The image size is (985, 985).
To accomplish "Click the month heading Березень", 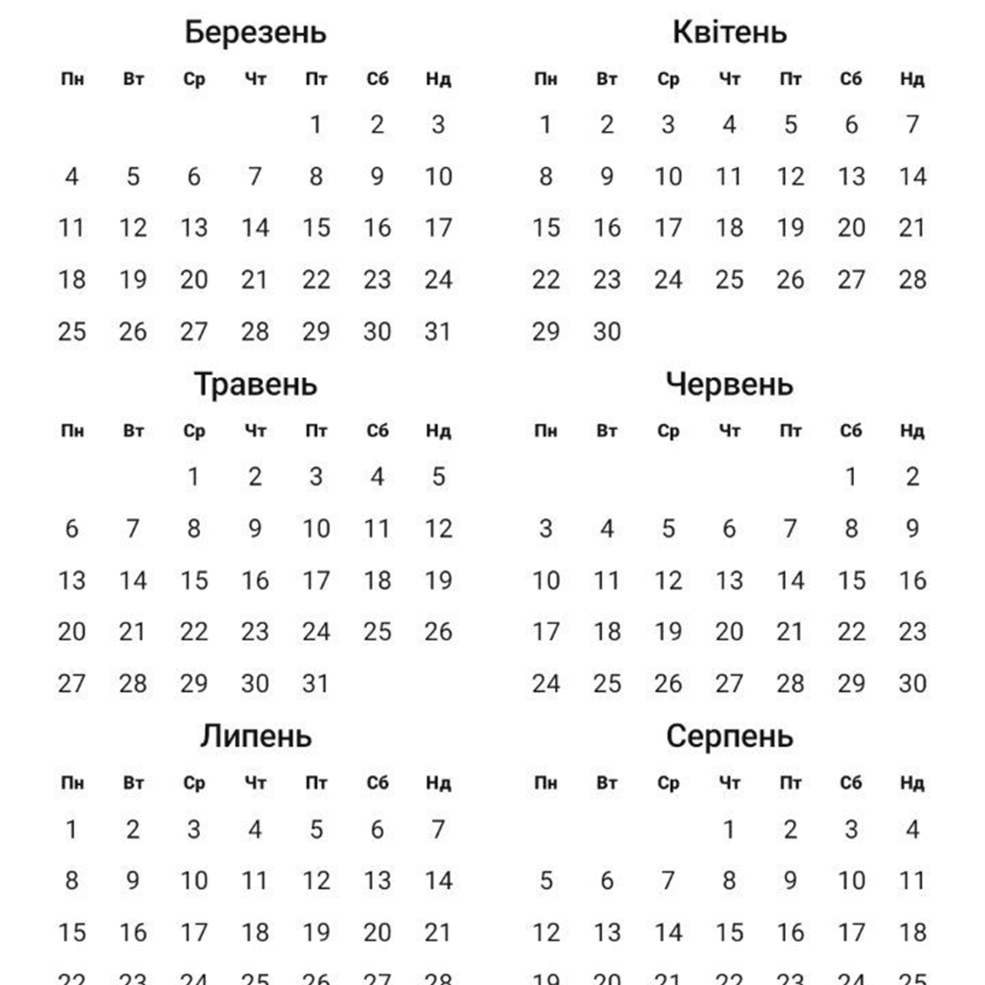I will coord(255,32).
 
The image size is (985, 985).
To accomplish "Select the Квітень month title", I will coord(730,32).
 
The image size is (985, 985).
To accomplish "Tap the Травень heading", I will coord(255,384).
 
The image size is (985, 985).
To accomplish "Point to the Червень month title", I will coord(730,384).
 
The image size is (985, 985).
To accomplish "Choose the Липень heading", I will coord(255,736).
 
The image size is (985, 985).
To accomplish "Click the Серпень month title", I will coord(730,736).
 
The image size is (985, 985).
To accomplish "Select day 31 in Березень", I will coord(438,332).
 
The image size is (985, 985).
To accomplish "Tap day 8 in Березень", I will coord(316,176).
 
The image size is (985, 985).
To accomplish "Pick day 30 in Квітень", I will coord(606,332).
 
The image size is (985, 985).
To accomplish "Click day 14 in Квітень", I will coord(912,176).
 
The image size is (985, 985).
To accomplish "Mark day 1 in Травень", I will coord(194,477).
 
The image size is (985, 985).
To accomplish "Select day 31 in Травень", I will coord(316,683).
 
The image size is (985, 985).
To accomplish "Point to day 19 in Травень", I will coord(438,580).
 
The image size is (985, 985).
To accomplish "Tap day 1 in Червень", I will coord(851,477).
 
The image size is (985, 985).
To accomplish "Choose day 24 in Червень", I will coord(546,683).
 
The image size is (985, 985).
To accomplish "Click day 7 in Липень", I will coord(438,830).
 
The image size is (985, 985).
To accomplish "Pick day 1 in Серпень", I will coord(729,830).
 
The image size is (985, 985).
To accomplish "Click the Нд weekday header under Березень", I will coord(438,78).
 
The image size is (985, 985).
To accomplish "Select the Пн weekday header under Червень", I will coord(546,431).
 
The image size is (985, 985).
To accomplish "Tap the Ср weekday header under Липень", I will coord(194,783).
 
